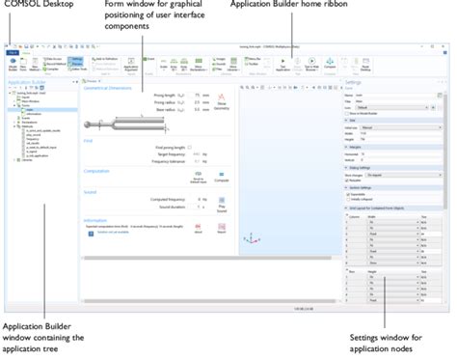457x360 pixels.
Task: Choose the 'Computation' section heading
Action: pyautogui.click(x=101, y=172)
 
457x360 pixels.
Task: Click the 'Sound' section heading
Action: pyautogui.click(x=91, y=191)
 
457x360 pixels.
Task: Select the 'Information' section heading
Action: pyautogui.click(x=99, y=220)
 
